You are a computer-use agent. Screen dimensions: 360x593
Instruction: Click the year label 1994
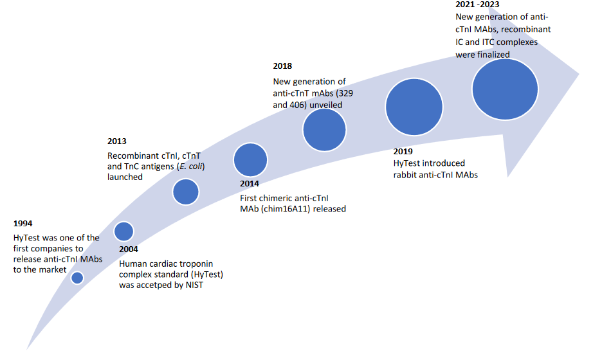[x=23, y=224]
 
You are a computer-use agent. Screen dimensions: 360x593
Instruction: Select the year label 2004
[x=129, y=248]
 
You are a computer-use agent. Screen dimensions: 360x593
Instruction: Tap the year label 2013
[x=117, y=141]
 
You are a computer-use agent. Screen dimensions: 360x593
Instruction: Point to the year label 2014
[x=250, y=184]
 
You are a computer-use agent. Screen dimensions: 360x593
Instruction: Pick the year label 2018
[x=282, y=66]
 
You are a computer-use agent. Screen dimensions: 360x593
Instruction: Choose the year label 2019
[x=403, y=152]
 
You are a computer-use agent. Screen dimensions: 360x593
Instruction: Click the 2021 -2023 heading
[x=477, y=5]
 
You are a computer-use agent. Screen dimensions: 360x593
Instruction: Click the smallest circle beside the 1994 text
[x=77, y=278]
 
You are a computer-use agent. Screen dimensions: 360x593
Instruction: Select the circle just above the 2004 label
[x=123, y=231]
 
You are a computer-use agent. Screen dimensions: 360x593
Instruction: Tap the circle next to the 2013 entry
[x=185, y=192]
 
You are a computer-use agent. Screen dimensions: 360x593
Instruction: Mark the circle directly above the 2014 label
[x=250, y=160]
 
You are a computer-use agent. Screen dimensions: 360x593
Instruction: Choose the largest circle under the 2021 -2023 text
[x=504, y=89]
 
